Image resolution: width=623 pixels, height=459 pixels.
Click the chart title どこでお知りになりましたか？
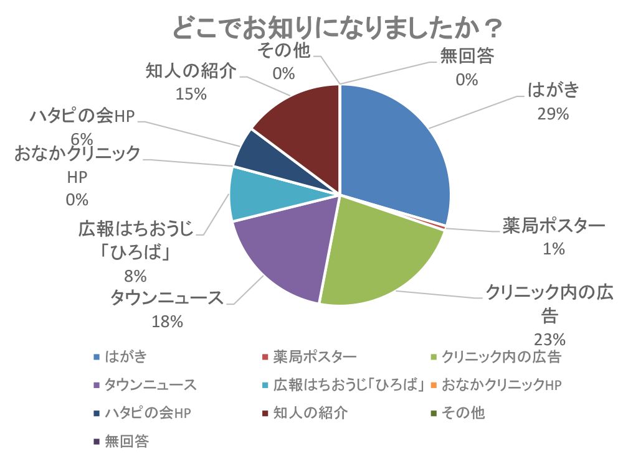point(337,28)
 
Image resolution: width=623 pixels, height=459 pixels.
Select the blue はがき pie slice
point(392,149)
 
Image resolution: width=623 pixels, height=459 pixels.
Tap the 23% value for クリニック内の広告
point(549,339)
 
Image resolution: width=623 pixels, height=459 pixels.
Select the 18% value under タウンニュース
point(168,321)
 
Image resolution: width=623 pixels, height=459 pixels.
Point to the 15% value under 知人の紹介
point(191,93)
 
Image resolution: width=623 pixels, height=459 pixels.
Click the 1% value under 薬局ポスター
point(553,249)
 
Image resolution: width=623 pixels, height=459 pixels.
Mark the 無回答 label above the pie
point(467,57)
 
